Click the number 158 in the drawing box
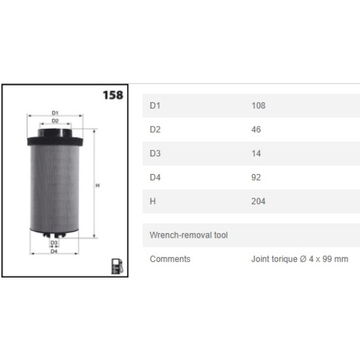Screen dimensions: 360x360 [113, 95]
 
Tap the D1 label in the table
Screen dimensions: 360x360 [155, 105]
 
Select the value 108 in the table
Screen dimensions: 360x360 [259, 105]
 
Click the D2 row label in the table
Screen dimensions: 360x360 [155, 130]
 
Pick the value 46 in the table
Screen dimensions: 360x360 [256, 130]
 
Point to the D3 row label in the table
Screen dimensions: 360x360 [155, 153]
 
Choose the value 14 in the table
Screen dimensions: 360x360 [256, 153]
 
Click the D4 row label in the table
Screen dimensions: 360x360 [155, 177]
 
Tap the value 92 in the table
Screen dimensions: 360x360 [256, 177]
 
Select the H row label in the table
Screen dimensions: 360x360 [153, 202]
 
